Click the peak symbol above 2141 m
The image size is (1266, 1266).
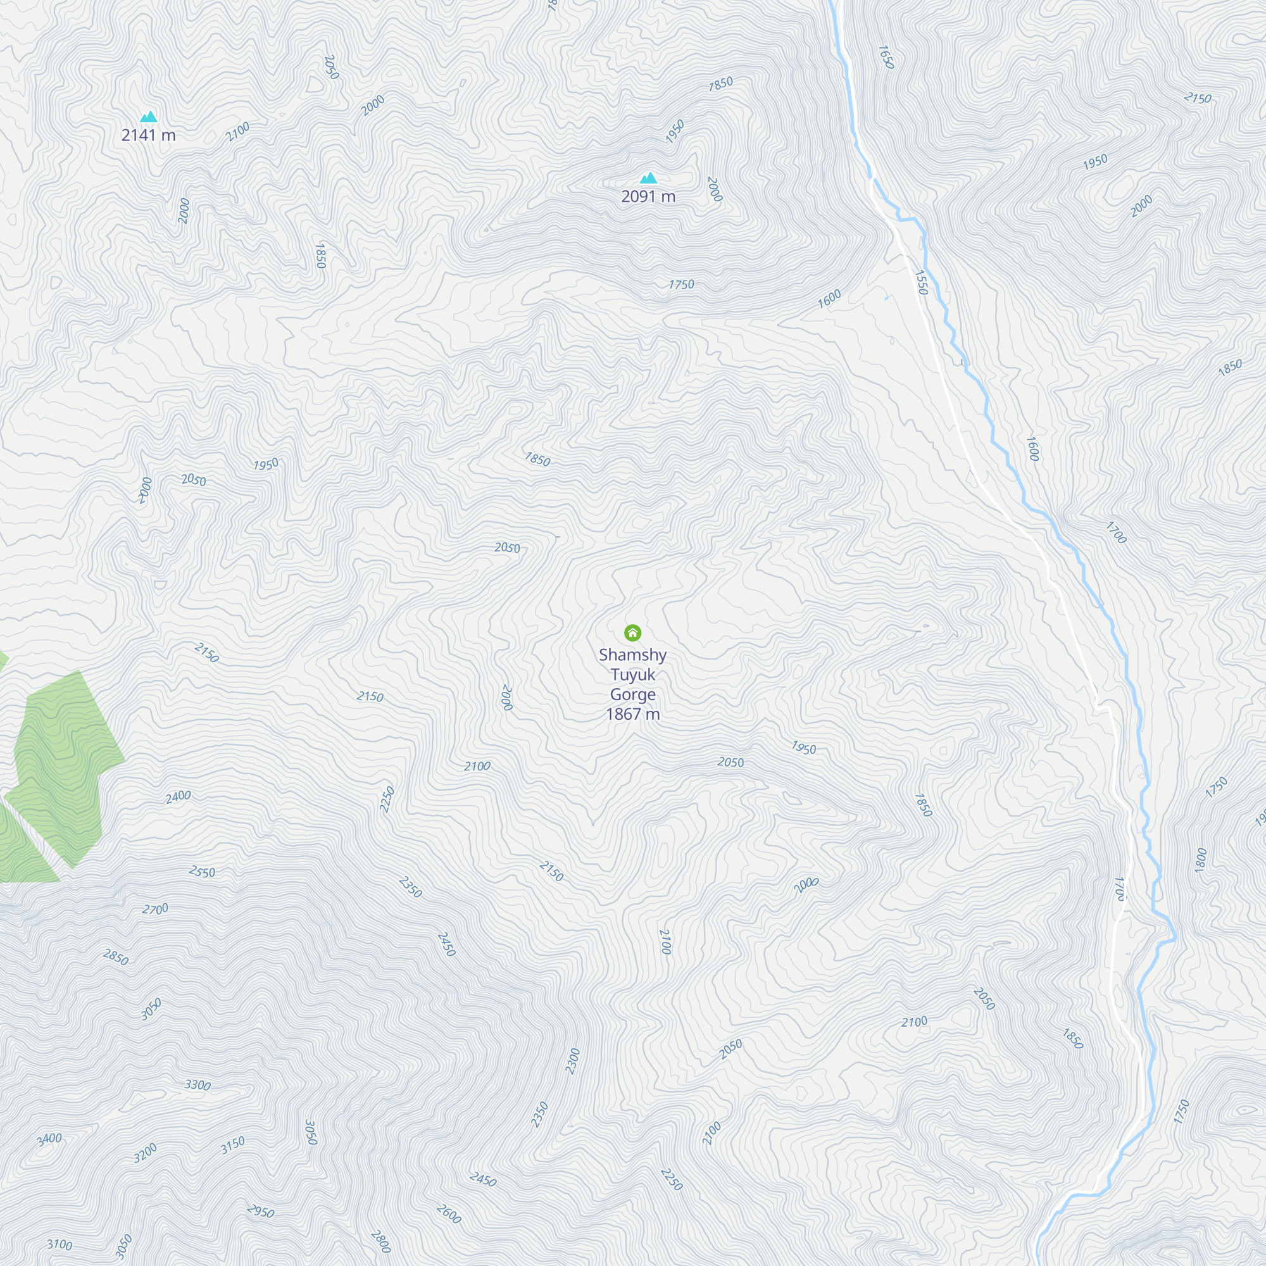pyautogui.click(x=149, y=117)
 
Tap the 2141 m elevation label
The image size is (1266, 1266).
pyautogui.click(x=149, y=135)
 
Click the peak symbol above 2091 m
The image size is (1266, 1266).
pyautogui.click(x=648, y=179)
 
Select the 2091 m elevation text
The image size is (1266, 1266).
pyautogui.click(x=648, y=197)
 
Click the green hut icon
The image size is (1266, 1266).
pyautogui.click(x=632, y=632)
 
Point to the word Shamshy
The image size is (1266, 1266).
pyautogui.click(x=632, y=655)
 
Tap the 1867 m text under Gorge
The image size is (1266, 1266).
pyautogui.click(x=632, y=714)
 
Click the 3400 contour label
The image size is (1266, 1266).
pyautogui.click(x=49, y=1139)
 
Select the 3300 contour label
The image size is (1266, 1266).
pyautogui.click(x=197, y=1085)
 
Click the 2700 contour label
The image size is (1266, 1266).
pyautogui.click(x=155, y=910)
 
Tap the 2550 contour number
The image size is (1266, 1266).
pyautogui.click(x=202, y=872)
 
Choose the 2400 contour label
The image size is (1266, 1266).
pyautogui.click(x=178, y=797)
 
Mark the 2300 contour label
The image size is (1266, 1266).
pyautogui.click(x=573, y=1062)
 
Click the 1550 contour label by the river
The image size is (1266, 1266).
pyautogui.click(x=920, y=282)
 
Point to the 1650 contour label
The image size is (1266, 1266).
pyautogui.click(x=886, y=57)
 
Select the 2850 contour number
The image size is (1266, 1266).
pyautogui.click(x=115, y=957)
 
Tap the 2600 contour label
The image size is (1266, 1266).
pyautogui.click(x=449, y=1214)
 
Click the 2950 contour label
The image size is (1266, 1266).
pyautogui.click(x=260, y=1212)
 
